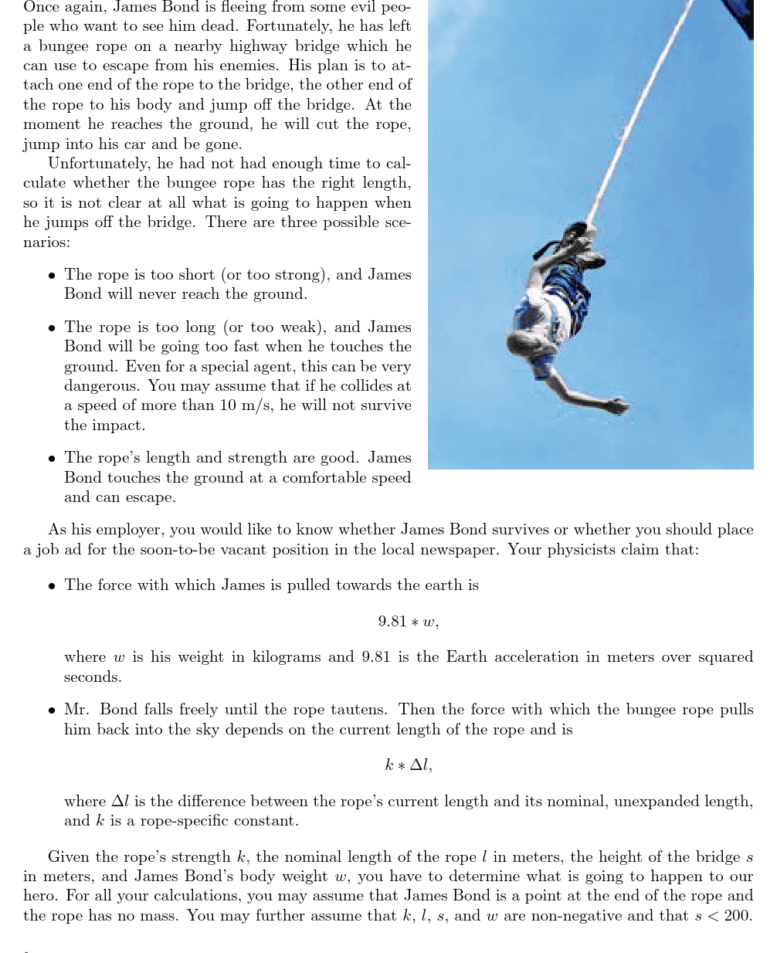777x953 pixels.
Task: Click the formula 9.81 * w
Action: tap(408, 622)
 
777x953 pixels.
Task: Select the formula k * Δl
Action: tap(408, 765)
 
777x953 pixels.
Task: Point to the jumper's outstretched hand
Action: tap(619, 405)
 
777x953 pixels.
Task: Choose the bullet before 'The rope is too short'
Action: tap(51, 276)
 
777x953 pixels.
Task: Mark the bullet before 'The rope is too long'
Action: tap(51, 328)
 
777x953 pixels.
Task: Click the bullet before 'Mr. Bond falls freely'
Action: tap(51, 711)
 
